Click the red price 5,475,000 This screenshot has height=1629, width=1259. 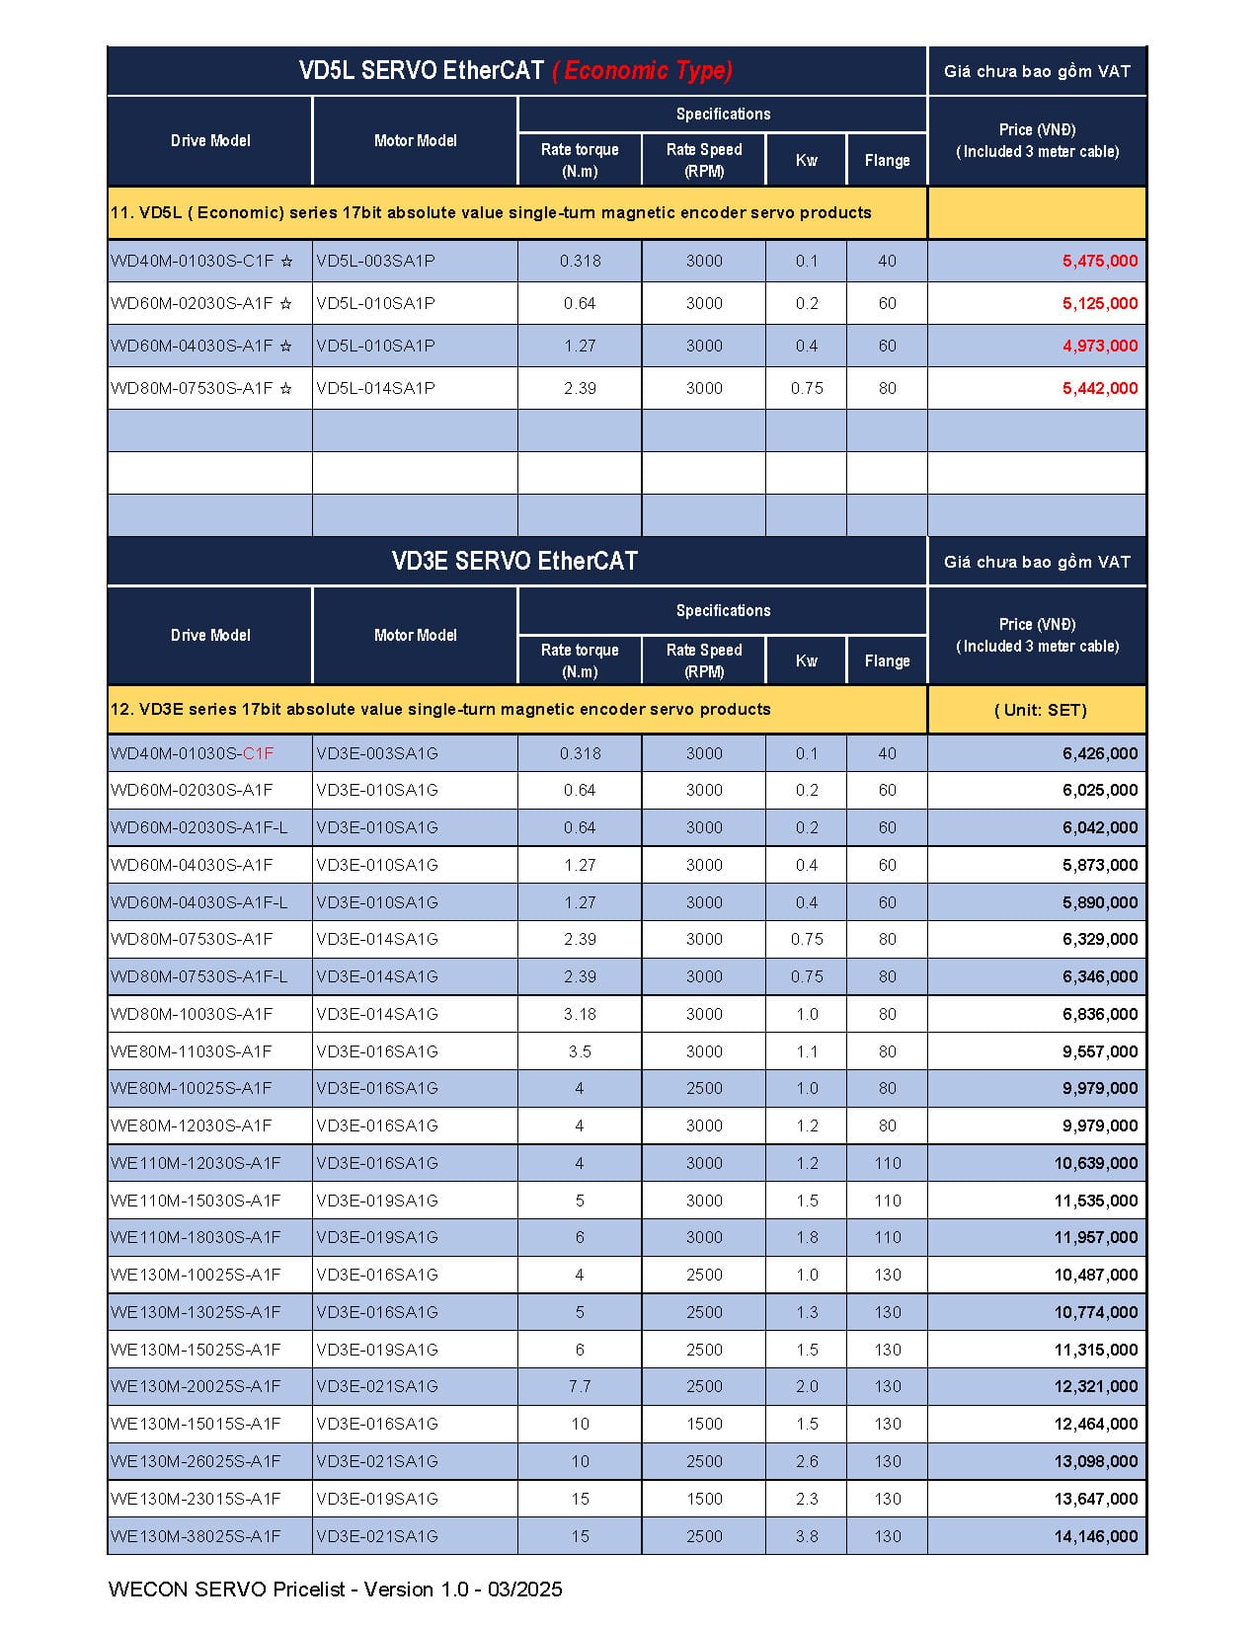pyautogui.click(x=1099, y=262)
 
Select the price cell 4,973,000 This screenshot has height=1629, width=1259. pyautogui.click(x=1099, y=347)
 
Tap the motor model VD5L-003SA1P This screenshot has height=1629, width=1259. pyautogui.click(x=375, y=262)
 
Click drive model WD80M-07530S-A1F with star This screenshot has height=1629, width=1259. pyautogui.click(x=201, y=389)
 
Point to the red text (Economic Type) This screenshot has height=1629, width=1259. pyautogui.click(x=642, y=71)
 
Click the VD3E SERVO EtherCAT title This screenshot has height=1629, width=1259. pyautogui.click(x=514, y=562)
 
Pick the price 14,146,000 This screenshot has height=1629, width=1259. pyautogui.click(x=1095, y=1536)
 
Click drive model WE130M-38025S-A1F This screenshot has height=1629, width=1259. pyautogui.click(x=196, y=1536)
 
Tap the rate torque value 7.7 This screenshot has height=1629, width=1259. pyautogui.click(x=580, y=1387)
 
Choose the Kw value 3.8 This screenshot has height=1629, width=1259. pyautogui.click(x=807, y=1536)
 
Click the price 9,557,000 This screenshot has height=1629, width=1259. pyautogui.click(x=1099, y=1051)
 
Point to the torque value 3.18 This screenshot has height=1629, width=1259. pyautogui.click(x=580, y=1014)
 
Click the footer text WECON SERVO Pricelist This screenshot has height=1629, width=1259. pyautogui.click(x=336, y=1590)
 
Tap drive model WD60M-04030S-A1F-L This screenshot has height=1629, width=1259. pyautogui.click(x=199, y=902)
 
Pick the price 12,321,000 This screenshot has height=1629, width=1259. pyautogui.click(x=1095, y=1387)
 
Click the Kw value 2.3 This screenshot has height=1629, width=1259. pyautogui.click(x=807, y=1499)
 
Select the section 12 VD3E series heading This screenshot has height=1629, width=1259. pyautogui.click(x=440, y=710)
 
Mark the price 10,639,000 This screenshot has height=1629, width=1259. pyautogui.click(x=1095, y=1163)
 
